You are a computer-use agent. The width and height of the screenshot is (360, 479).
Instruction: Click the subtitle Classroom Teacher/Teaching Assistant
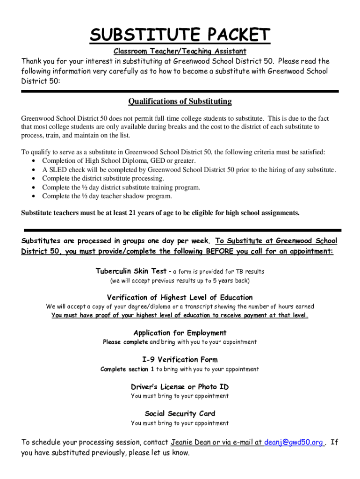point(180,51)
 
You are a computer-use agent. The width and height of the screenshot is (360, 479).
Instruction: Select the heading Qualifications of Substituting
point(180,102)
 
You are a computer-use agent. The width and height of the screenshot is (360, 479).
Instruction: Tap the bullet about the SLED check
point(189,170)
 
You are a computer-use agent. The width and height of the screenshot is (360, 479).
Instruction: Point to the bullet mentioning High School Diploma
point(119,161)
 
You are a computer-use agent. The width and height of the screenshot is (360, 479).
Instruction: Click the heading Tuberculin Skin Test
point(131,271)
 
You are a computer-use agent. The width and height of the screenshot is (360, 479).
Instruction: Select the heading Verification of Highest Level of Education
point(180,298)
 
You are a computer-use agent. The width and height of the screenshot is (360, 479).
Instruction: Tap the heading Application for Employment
point(180,333)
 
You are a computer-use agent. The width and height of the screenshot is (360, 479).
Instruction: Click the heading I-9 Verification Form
point(180,360)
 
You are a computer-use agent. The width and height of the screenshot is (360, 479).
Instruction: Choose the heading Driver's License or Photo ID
point(180,387)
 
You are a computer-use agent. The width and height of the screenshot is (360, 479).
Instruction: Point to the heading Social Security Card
point(180,414)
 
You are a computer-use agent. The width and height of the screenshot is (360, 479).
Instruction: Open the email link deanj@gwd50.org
point(294,443)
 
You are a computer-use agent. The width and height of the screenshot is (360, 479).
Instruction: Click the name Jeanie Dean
point(191,443)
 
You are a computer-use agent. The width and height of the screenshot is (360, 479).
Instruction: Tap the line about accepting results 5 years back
point(180,281)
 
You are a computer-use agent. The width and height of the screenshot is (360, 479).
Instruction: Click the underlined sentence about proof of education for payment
point(180,316)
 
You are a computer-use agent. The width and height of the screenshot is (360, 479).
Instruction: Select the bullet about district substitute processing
point(103,179)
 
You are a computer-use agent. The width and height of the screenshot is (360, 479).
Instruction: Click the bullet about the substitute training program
point(121,188)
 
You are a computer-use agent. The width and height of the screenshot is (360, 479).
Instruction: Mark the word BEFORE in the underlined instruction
point(221,252)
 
